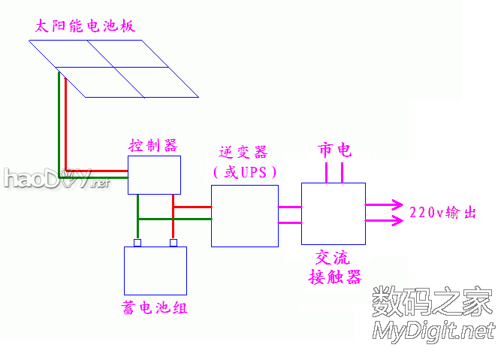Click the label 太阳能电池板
pyautogui.click(x=85, y=26)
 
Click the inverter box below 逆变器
pyautogui.click(x=244, y=216)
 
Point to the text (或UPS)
pyautogui.click(x=245, y=172)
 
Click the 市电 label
pyautogui.click(x=334, y=150)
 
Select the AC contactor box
pyautogui.click(x=333, y=213)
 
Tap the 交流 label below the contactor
pyautogui.click(x=333, y=257)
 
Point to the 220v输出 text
pyautogui.click(x=444, y=213)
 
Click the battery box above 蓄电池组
pyautogui.click(x=155, y=271)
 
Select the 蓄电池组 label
pyautogui.click(x=154, y=308)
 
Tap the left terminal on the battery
pyautogui.click(x=137, y=243)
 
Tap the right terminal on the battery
pyautogui.click(x=174, y=243)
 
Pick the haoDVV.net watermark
pyautogui.click(x=56, y=178)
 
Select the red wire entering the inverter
pyautogui.click(x=193, y=205)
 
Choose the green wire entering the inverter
pyautogui.click(x=193, y=219)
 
